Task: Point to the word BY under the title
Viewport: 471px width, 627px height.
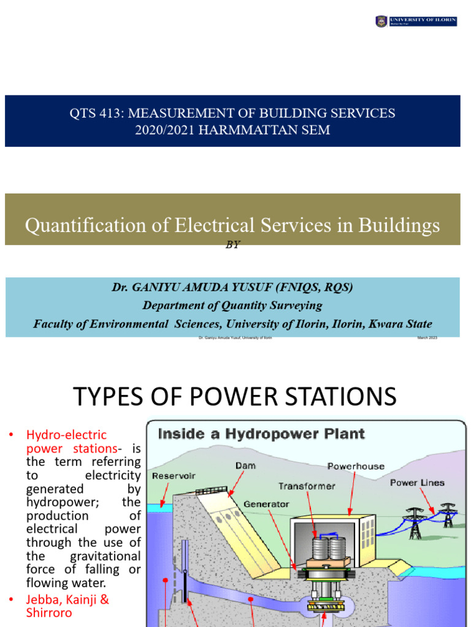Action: (233, 244)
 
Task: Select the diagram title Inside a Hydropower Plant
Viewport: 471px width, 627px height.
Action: (261, 434)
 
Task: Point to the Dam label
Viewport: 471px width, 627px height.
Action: (245, 466)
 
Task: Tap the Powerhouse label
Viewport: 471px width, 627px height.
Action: (356, 466)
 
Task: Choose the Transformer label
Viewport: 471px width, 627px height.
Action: (307, 486)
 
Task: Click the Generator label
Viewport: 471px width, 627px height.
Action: (266, 504)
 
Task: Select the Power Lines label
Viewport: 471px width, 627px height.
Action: (417, 482)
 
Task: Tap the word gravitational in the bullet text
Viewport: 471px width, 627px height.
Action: (108, 556)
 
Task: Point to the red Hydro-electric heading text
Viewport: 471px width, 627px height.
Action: (66, 435)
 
